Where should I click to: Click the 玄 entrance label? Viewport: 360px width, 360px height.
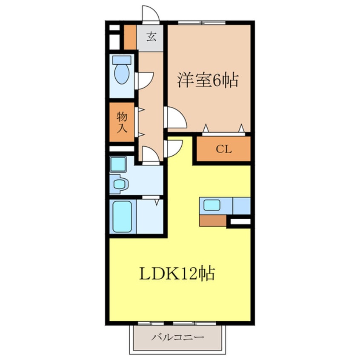(151, 37)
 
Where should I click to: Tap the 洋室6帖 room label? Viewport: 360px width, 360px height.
(207, 80)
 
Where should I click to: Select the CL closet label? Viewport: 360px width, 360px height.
(223, 149)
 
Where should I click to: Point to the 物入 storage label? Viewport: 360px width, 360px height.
(122, 122)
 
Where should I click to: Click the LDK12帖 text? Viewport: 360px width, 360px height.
(177, 274)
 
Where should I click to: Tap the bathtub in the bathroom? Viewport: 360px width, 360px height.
(122, 217)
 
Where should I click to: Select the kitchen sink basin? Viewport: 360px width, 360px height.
(211, 205)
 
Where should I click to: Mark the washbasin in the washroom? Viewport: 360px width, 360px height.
(120, 184)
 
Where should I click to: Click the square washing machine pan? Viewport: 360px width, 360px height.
(118, 164)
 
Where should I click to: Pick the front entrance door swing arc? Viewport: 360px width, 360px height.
(150, 14)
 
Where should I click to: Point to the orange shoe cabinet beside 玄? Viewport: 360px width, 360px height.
(130, 37)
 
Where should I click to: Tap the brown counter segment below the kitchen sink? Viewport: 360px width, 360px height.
(212, 220)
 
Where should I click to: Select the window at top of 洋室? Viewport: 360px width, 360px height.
(201, 22)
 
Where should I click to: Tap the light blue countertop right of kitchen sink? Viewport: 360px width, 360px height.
(242, 206)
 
